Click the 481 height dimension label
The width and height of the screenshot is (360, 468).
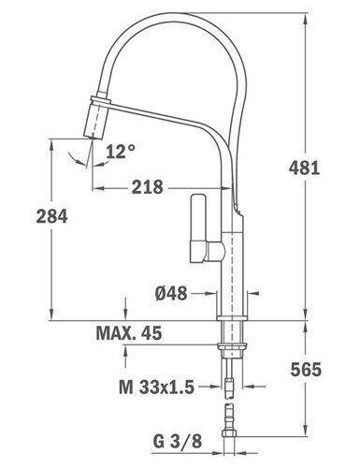click(x=304, y=168)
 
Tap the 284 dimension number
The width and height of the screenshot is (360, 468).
click(x=51, y=216)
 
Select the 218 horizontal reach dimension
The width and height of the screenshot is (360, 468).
click(x=147, y=187)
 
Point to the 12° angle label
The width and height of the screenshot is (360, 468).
click(x=121, y=152)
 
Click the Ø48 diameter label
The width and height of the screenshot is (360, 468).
click(x=171, y=293)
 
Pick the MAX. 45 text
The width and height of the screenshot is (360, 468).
click(x=129, y=333)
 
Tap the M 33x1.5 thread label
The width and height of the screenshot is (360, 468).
click(x=157, y=388)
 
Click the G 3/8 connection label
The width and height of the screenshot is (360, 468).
click(x=178, y=442)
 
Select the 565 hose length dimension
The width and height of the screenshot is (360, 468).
click(x=306, y=370)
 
